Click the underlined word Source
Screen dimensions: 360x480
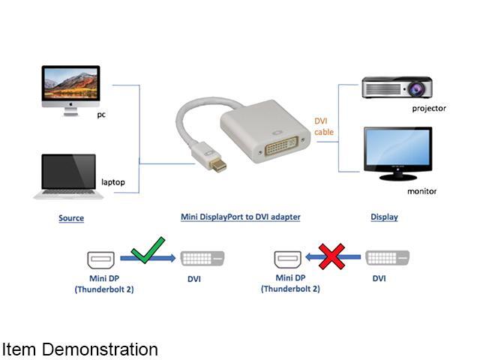pyautogui.click(x=71, y=218)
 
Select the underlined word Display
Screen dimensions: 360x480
pyautogui.click(x=384, y=217)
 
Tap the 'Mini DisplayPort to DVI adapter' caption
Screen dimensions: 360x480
pyautogui.click(x=240, y=217)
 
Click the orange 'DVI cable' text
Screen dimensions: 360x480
pyautogui.click(x=324, y=127)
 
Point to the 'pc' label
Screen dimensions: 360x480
pyautogui.click(x=101, y=115)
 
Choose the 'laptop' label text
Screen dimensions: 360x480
pyautogui.click(x=112, y=182)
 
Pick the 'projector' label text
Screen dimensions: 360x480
pyautogui.click(x=429, y=108)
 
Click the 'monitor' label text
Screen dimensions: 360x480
pyautogui.click(x=421, y=191)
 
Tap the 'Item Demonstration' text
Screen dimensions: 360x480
pyautogui.click(x=79, y=349)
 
